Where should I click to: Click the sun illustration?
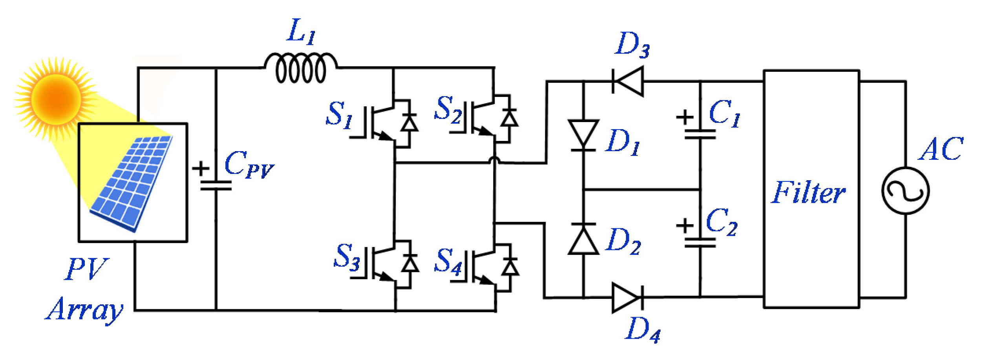point(56,99)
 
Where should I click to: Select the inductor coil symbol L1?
point(301,69)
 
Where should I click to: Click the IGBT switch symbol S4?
point(485,269)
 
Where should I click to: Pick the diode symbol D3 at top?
point(628,82)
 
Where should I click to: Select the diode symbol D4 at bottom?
point(627,298)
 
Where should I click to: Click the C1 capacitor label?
point(724,114)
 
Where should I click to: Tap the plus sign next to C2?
point(685,226)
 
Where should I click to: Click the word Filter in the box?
point(807,193)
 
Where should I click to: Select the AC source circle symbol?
point(905,191)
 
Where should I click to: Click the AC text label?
point(941,149)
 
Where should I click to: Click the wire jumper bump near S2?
point(495,160)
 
